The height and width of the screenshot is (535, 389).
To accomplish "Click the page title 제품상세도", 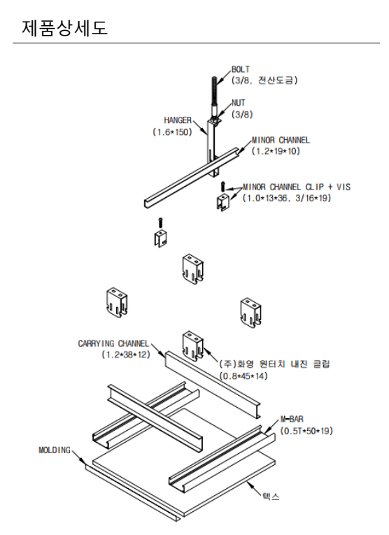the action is [64, 28].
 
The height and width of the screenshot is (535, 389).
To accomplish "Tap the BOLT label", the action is [241, 69].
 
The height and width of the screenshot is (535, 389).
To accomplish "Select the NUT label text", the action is [238, 103].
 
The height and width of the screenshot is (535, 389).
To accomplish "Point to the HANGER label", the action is [178, 120].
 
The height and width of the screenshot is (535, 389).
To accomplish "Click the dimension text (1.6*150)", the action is [172, 132].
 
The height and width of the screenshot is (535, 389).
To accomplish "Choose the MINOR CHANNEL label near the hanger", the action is [281, 141].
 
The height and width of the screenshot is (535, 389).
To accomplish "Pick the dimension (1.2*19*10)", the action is [276, 151].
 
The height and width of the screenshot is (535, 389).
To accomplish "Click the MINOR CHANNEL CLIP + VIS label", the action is [297, 187].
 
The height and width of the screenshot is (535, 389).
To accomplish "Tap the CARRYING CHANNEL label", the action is [113, 343].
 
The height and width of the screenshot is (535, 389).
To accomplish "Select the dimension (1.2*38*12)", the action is [126, 355].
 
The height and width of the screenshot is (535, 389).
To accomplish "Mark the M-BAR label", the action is [292, 419].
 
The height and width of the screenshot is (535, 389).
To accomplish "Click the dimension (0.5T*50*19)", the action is [306, 431].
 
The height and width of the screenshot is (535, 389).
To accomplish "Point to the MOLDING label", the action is [55, 450].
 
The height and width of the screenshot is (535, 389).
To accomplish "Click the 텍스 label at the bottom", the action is [271, 497].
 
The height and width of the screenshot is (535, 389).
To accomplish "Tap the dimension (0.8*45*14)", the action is [243, 376].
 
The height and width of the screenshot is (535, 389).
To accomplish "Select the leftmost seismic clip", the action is [117, 304].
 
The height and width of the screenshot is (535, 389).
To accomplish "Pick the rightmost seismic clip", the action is [250, 313].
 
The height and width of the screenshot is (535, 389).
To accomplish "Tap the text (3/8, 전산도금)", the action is [264, 80].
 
